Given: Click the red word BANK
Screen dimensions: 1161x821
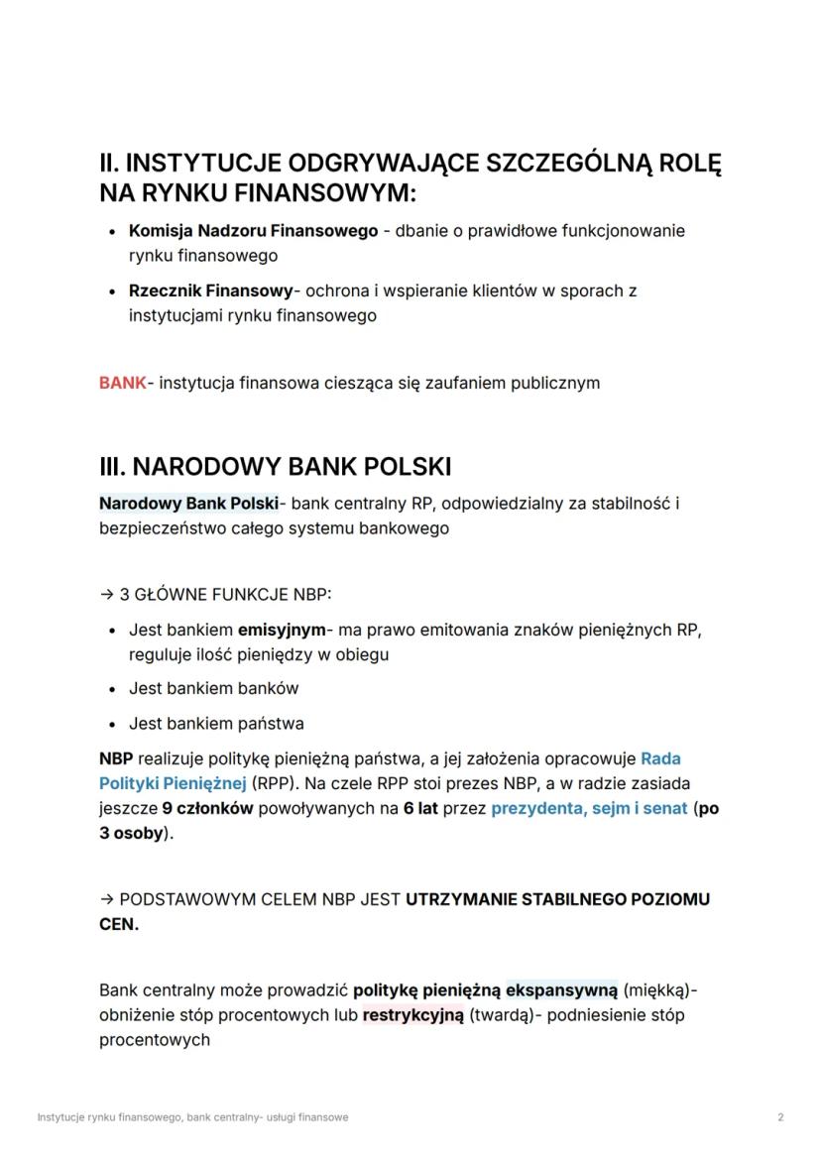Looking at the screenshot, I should [x=122, y=383].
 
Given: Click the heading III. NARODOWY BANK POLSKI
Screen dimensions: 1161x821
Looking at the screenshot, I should [x=275, y=467].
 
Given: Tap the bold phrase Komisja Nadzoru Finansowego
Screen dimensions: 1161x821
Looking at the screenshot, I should [x=253, y=231].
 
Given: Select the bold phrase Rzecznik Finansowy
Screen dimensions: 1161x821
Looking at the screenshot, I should [x=210, y=291].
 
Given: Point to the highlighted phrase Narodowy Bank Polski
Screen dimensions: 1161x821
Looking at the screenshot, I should [x=188, y=504].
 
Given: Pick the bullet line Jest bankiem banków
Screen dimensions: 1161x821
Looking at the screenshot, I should [x=213, y=688].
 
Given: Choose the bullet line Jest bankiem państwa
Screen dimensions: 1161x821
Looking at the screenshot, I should [x=216, y=723].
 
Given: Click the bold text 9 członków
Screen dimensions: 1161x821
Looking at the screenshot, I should [x=208, y=808].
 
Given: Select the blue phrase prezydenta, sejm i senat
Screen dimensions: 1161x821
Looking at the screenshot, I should [x=589, y=808].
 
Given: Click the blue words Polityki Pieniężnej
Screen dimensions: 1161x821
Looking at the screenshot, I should [x=172, y=783].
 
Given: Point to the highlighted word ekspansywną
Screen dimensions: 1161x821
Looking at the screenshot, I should [x=561, y=989].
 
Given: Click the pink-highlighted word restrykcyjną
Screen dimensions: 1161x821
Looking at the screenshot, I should [x=412, y=1015].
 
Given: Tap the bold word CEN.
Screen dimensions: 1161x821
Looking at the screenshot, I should [x=119, y=924].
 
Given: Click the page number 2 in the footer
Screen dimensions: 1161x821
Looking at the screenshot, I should [x=780, y=1117].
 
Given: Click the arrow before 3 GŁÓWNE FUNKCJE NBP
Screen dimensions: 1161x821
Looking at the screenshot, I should [x=106, y=595].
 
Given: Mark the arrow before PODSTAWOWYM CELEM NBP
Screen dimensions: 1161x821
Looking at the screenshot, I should [x=106, y=899].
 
